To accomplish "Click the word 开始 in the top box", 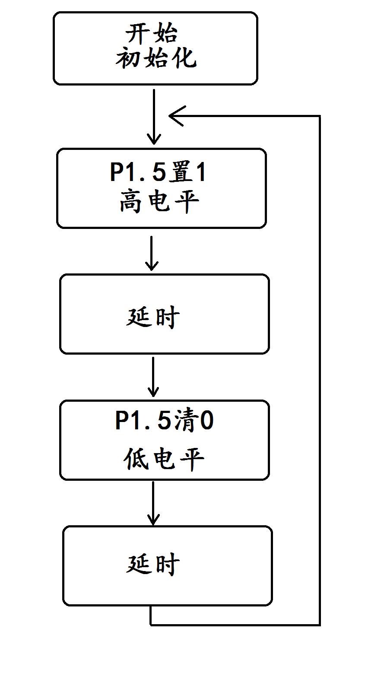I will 151,33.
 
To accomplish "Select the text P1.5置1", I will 158,173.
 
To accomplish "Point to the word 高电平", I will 159,201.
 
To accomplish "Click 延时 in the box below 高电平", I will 153,317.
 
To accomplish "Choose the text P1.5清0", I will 164,421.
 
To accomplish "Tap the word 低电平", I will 163,459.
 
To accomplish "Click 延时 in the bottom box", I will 153,564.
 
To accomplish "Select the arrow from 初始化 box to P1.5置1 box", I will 154,117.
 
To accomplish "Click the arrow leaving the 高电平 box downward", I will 151,253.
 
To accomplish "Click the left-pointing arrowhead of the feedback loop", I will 176,116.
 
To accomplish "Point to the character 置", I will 180,173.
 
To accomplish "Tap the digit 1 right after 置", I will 200,173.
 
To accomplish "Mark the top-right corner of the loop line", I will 320,116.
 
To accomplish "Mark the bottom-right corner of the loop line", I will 320,624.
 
